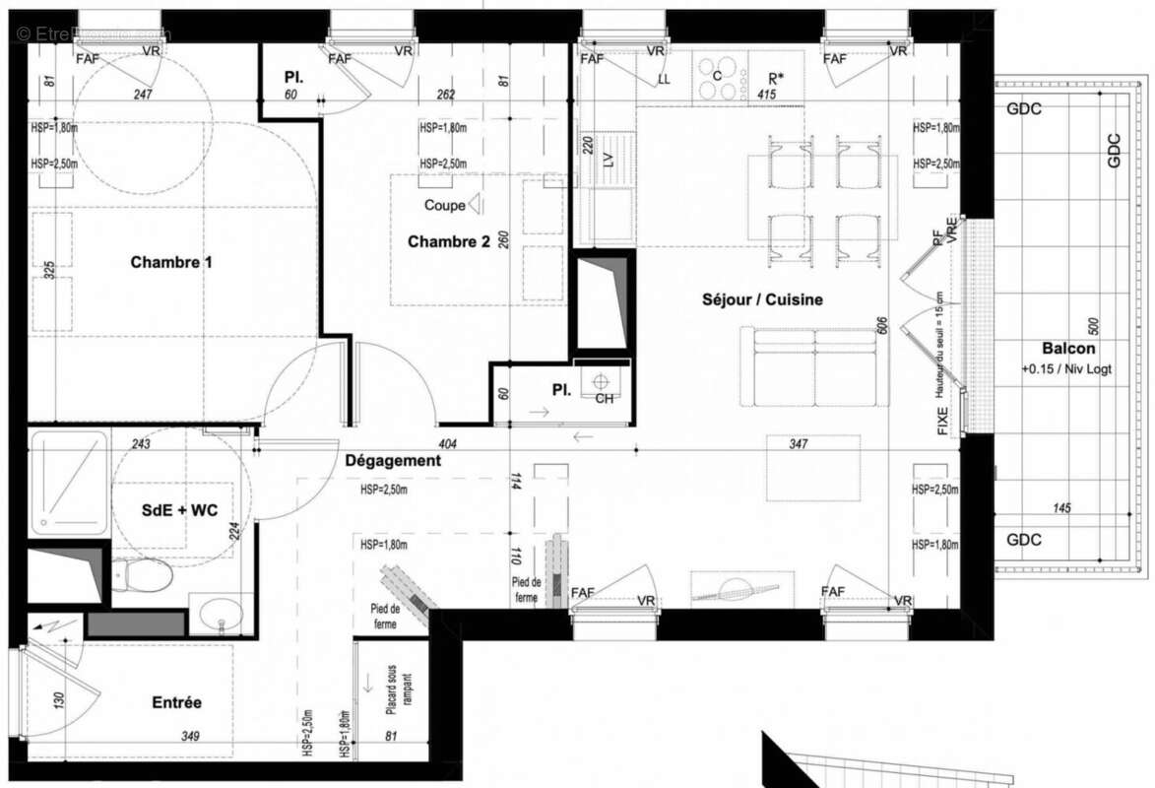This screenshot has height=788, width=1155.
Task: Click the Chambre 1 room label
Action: pyautogui.click(x=171, y=262)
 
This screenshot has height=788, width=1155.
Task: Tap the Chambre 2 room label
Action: pyautogui.click(x=448, y=241)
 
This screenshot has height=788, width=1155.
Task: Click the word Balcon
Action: pyautogui.click(x=1068, y=349)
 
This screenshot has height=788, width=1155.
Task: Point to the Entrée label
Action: pyautogui.click(x=176, y=702)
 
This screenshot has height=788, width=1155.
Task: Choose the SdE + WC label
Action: pyautogui.click(x=177, y=512)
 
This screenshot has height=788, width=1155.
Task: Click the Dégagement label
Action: pyautogui.click(x=393, y=460)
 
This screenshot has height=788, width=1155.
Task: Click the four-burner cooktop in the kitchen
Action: pyautogui.click(x=717, y=79)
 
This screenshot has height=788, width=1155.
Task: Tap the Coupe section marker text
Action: pyautogui.click(x=445, y=206)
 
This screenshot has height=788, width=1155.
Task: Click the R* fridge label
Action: pyautogui.click(x=777, y=77)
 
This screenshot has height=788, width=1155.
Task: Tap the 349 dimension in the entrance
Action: pyautogui.click(x=191, y=735)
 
